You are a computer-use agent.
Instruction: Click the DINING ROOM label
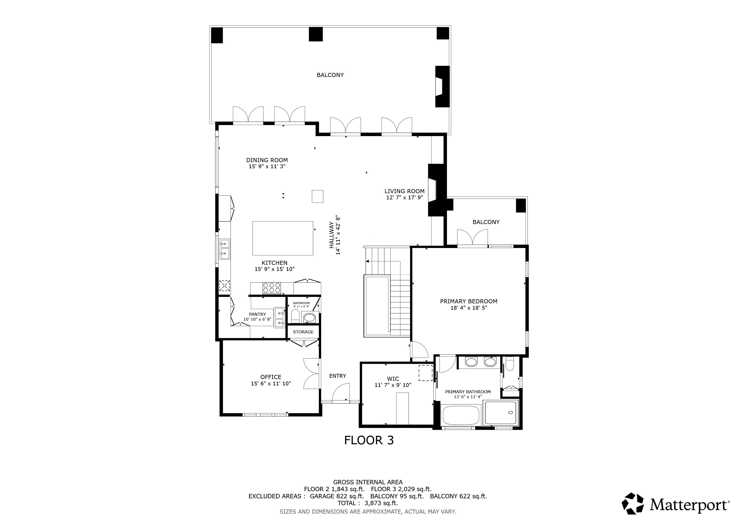click(267, 160)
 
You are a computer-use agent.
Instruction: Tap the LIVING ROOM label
click(404, 191)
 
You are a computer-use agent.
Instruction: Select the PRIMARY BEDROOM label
click(469, 302)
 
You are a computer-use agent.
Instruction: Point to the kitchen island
click(283, 238)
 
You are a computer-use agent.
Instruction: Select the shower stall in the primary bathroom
click(501, 413)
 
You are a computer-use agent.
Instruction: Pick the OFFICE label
click(271, 377)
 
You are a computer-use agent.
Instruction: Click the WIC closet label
click(393, 379)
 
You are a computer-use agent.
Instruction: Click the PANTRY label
click(257, 314)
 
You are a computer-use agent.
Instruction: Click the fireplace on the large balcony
click(442, 86)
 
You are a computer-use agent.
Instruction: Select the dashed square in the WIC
click(425, 373)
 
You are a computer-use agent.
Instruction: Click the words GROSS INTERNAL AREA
click(368, 482)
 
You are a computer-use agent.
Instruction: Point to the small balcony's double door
click(472, 238)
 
